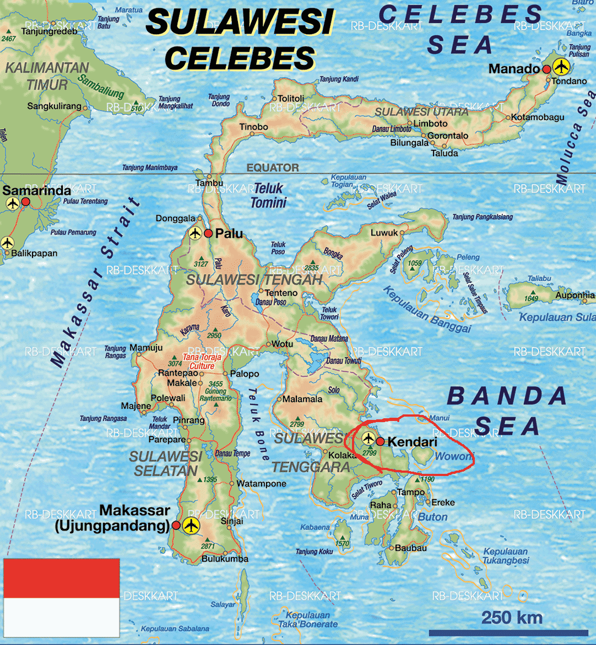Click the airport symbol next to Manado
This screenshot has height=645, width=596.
[561, 68]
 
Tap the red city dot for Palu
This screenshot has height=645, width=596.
[208, 233]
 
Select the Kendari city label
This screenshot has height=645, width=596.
[413, 441]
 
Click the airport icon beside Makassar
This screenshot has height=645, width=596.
[191, 525]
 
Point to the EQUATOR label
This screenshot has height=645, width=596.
[273, 168]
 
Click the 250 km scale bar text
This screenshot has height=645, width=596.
[512, 617]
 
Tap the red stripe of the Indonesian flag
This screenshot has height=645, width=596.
[62, 578]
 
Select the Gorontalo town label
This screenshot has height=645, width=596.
[448, 135]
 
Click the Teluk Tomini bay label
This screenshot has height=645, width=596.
[268, 195]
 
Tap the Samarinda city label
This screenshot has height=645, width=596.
[37, 190]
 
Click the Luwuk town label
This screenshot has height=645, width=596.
[384, 233]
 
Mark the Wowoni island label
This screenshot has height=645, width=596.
[453, 456]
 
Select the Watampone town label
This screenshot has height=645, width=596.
[262, 484]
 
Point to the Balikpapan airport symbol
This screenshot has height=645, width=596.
[7, 242]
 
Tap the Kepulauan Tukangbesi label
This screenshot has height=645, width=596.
[506, 556]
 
